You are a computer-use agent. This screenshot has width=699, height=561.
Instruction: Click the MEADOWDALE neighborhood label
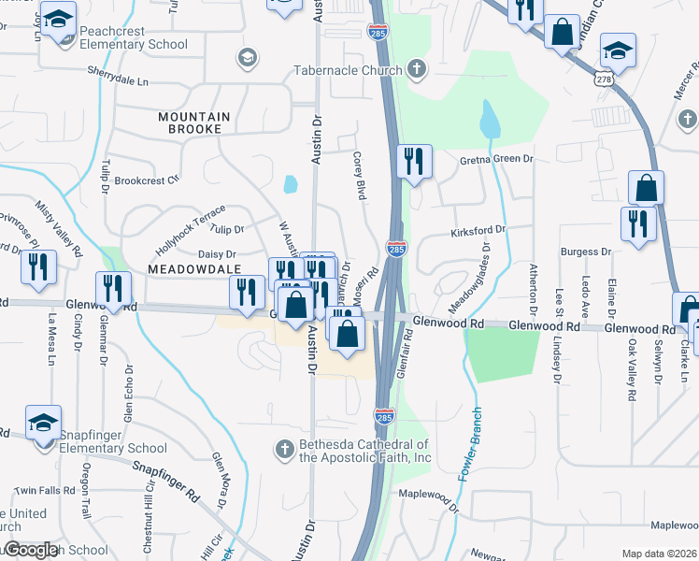click(189, 267)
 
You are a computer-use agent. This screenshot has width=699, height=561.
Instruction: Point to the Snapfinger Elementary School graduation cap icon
click(43, 423)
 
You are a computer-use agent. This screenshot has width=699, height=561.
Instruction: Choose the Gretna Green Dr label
click(495, 159)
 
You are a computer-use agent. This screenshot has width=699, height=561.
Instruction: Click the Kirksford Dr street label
click(478, 229)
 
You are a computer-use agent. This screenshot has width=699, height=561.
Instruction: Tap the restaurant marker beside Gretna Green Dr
click(413, 162)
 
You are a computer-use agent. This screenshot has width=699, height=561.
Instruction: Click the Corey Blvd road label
click(358, 177)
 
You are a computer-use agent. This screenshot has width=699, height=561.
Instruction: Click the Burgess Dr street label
click(585, 252)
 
